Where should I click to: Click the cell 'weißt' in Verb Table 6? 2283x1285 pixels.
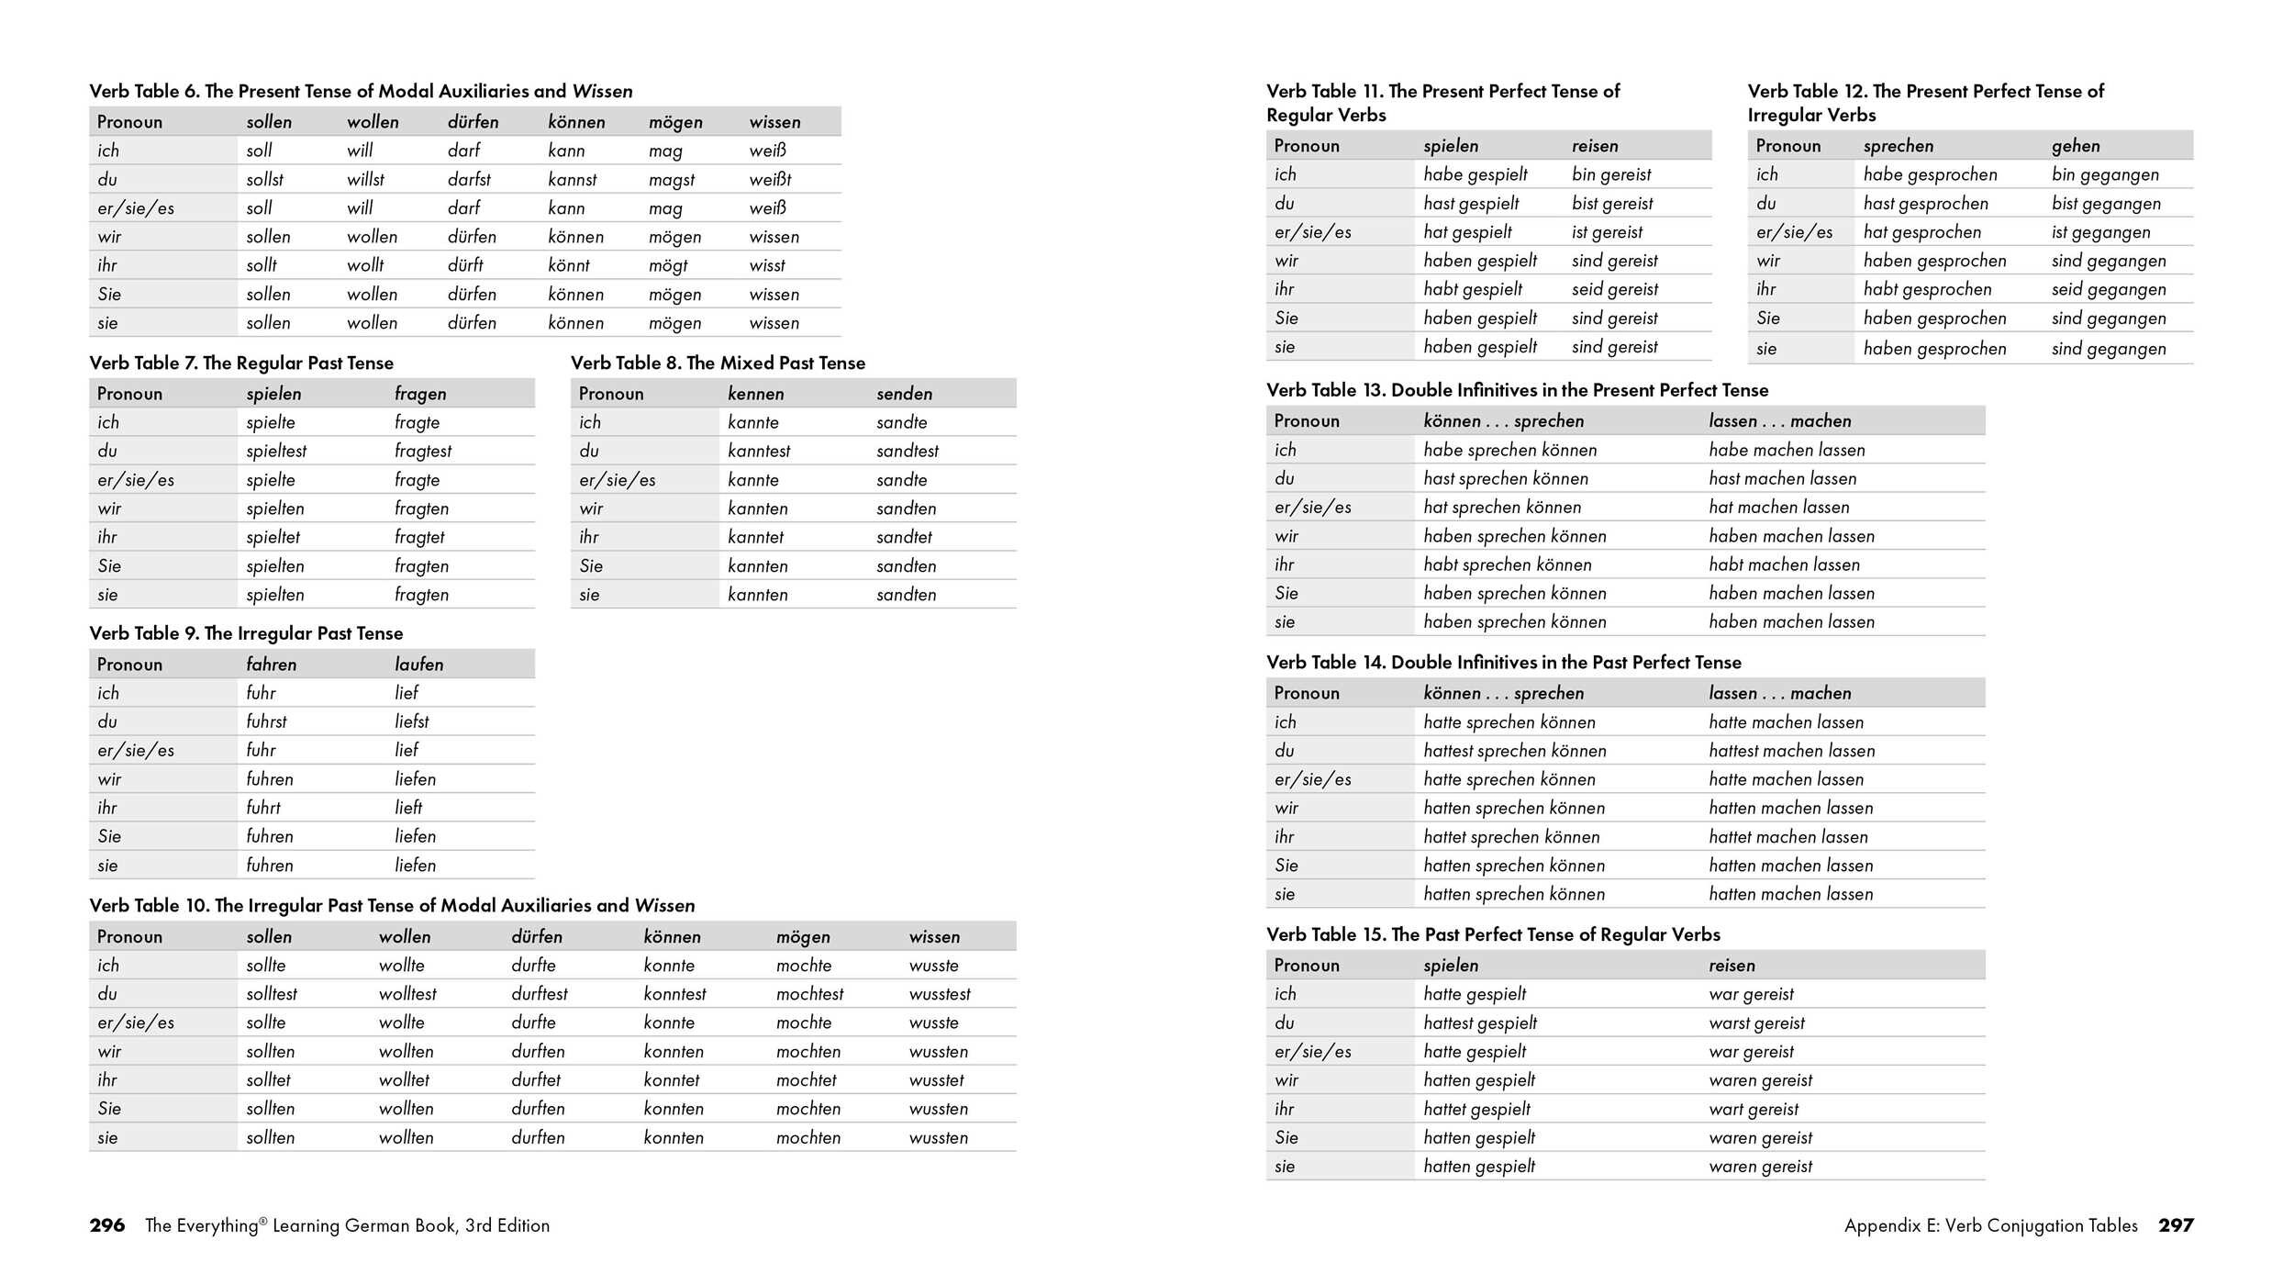(x=770, y=180)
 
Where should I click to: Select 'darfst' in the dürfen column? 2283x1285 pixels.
(x=469, y=180)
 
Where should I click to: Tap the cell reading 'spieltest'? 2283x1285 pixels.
(x=276, y=452)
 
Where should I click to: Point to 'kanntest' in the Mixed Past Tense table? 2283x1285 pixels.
(x=759, y=452)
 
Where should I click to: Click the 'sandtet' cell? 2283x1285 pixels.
(x=904, y=537)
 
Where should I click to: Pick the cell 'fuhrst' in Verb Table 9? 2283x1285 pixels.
(x=266, y=722)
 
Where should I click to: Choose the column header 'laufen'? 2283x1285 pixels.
(x=418, y=665)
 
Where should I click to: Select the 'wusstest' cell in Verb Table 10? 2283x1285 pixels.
(x=940, y=994)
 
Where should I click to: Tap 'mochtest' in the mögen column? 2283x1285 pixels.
(x=809, y=994)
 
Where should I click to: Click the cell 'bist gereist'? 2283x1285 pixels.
(x=1612, y=204)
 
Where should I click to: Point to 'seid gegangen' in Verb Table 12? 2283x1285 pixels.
(x=2109, y=290)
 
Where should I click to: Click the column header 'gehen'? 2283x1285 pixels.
(x=2076, y=146)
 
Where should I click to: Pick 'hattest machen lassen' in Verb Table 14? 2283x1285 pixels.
(x=1791, y=751)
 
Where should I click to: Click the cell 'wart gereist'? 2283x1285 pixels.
(x=1754, y=1110)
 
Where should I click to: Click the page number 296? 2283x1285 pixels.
(x=107, y=1225)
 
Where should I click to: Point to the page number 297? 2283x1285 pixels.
(x=2176, y=1225)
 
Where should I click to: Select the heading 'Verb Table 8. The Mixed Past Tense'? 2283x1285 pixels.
(x=718, y=363)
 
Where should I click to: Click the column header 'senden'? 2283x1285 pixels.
(x=904, y=394)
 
